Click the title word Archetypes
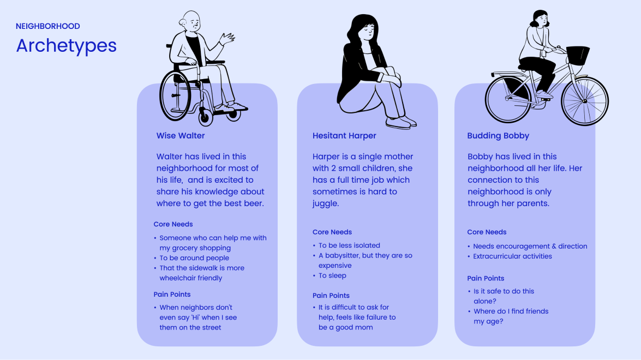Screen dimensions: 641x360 pyautogui.click(x=66, y=46)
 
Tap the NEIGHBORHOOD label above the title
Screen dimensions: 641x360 pyautogui.click(x=48, y=26)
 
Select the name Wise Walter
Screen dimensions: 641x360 pyautogui.click(x=181, y=135)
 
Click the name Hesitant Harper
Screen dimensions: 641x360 pyautogui.click(x=344, y=135)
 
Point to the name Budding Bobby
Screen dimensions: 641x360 pyautogui.click(x=498, y=135)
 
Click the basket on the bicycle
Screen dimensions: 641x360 pyautogui.click(x=578, y=55)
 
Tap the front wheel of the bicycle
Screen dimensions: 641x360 pyautogui.click(x=584, y=101)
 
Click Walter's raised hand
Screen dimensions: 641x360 pyautogui.click(x=227, y=39)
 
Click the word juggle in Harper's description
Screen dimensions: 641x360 pyautogui.click(x=326, y=203)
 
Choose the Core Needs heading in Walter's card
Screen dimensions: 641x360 pyautogui.click(x=173, y=224)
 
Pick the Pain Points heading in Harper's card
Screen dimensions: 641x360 pyautogui.click(x=331, y=296)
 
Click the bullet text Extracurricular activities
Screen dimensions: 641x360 pyautogui.click(x=512, y=256)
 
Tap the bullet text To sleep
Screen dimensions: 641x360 pyautogui.click(x=332, y=275)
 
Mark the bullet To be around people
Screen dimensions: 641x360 pyautogui.click(x=194, y=258)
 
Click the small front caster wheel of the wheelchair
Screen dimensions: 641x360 pyautogui.click(x=206, y=116)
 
